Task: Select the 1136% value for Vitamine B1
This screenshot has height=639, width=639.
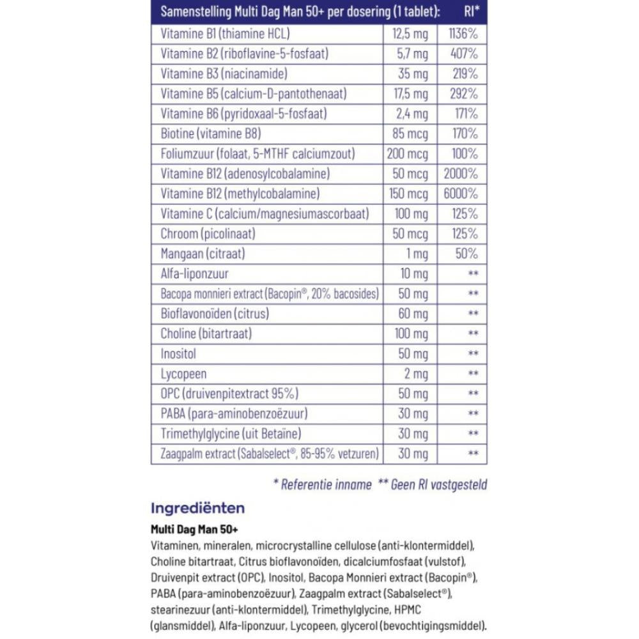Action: tap(463, 34)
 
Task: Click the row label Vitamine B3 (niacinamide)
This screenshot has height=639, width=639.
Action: tap(224, 74)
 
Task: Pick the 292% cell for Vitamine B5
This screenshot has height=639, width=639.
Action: tap(464, 94)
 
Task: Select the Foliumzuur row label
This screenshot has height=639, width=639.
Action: tap(258, 154)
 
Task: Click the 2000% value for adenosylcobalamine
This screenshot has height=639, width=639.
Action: tap(460, 174)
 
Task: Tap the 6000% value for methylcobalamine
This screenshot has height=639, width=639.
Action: tap(460, 194)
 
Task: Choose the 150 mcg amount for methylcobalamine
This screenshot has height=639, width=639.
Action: tap(408, 194)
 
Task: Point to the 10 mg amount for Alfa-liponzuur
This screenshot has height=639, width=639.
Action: tap(413, 273)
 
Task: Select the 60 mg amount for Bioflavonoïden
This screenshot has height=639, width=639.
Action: tap(413, 314)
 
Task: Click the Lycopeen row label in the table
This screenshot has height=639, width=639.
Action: tap(183, 374)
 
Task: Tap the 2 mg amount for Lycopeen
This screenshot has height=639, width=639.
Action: tap(415, 374)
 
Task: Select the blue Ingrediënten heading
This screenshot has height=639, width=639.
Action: tap(197, 509)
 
